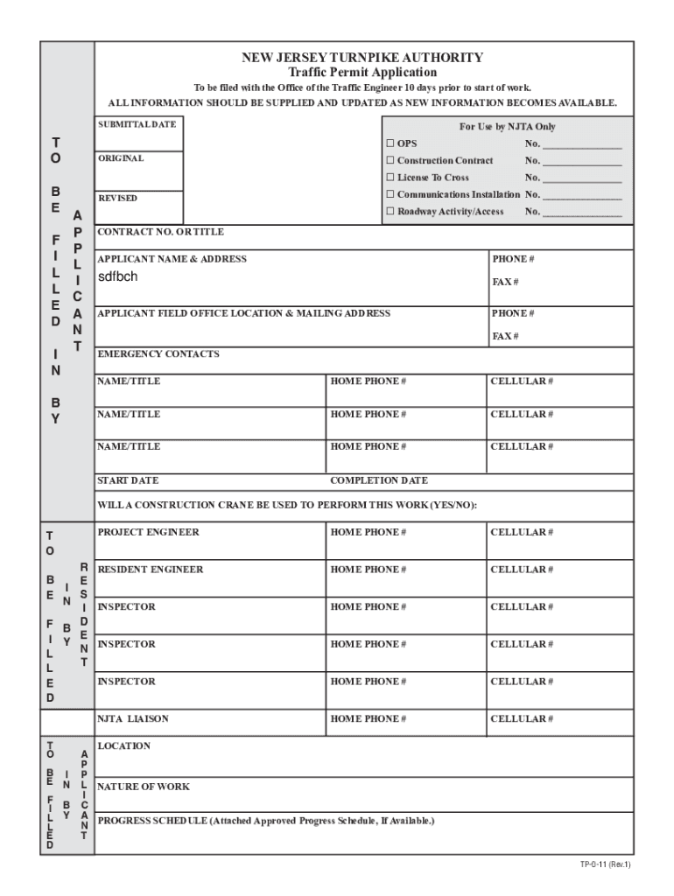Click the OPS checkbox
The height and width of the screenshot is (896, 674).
click(391, 143)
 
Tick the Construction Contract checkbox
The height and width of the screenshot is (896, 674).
click(391, 161)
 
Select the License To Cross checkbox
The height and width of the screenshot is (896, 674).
click(391, 178)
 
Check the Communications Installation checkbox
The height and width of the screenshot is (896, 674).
click(391, 195)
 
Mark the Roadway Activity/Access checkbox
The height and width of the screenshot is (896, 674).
click(391, 213)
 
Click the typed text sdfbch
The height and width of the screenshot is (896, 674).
click(117, 277)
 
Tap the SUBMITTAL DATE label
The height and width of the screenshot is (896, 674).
click(137, 124)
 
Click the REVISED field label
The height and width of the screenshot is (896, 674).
click(117, 199)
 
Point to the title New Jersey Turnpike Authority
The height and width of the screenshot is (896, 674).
click(362, 58)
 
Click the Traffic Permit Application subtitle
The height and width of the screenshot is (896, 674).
click(362, 73)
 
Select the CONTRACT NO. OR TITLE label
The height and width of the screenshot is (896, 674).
click(160, 233)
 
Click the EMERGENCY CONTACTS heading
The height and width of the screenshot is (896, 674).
click(158, 354)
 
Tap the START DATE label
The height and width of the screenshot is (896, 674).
click(128, 481)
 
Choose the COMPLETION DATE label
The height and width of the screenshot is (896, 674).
click(379, 481)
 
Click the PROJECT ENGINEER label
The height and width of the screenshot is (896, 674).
click(148, 533)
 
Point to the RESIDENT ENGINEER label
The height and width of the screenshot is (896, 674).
click(150, 570)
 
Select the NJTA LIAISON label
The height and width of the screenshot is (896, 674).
click(133, 719)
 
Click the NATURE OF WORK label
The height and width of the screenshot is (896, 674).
click(144, 787)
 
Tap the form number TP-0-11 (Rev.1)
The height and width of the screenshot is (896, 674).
click(604, 865)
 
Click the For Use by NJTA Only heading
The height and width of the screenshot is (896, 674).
click(508, 127)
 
